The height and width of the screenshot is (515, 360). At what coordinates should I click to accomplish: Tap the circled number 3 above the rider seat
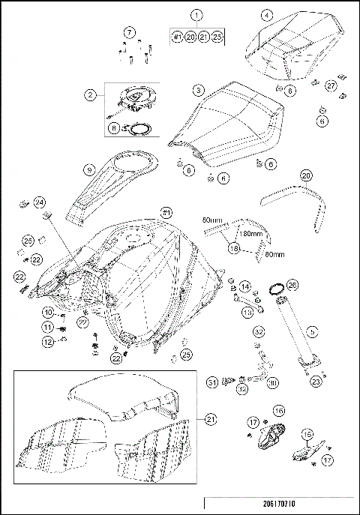tap(197, 89)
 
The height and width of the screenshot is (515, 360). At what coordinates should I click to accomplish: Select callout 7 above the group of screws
tap(130, 32)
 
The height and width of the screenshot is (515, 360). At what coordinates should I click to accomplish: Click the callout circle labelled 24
tap(40, 202)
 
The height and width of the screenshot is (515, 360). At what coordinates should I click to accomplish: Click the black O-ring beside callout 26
tap(275, 289)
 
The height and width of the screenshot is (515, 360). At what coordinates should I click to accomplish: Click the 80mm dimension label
tap(270, 254)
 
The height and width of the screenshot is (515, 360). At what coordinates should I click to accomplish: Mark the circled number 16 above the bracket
tap(278, 411)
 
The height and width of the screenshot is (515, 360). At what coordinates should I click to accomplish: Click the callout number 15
tap(306, 433)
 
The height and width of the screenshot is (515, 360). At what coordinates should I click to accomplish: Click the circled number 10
tap(46, 312)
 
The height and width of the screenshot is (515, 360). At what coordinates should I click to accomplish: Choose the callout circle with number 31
tap(212, 382)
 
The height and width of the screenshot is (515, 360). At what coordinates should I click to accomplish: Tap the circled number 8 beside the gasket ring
tap(114, 127)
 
